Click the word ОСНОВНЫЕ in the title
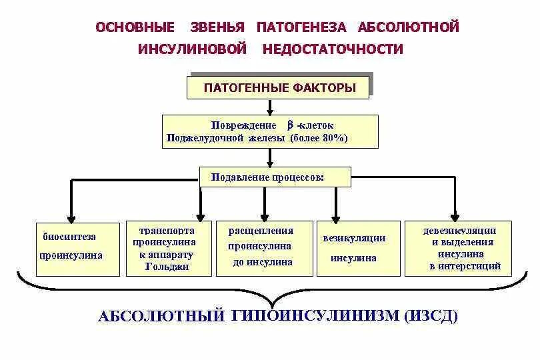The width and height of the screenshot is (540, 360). pos(135,27)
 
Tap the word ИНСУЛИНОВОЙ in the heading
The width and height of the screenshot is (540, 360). pos(193,49)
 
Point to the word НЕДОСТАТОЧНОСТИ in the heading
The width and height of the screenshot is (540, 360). pos(333,49)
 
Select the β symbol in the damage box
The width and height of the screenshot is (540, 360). pos(290,125)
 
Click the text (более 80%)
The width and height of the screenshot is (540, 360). pos(319,138)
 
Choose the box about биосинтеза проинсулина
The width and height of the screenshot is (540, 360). pos(71,246)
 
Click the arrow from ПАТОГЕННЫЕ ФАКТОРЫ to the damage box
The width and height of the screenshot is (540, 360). pos(269,107)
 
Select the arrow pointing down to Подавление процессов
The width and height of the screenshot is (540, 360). pos(269,158)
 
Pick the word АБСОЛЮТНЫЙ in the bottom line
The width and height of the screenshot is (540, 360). pos(161,316)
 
